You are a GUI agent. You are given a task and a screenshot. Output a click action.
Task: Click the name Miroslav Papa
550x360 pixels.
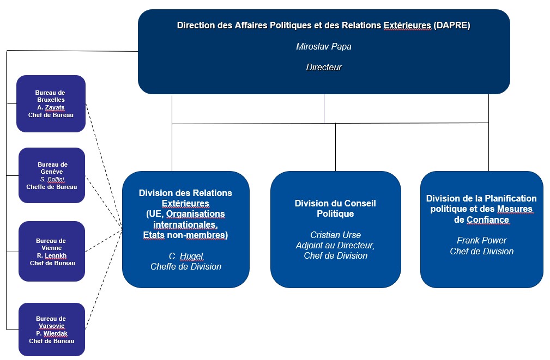pyautogui.click(x=323, y=47)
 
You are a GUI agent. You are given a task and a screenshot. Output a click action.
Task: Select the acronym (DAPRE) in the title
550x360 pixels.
pyautogui.click(x=452, y=26)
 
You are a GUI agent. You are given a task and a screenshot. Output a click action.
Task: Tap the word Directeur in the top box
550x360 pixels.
pyautogui.click(x=324, y=68)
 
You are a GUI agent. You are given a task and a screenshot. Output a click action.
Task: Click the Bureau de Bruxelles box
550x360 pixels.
pyautogui.click(x=51, y=104)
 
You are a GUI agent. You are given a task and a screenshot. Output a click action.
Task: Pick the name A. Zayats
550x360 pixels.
pyautogui.click(x=51, y=107)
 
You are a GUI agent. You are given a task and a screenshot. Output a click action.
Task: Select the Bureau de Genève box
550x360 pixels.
pyautogui.click(x=52, y=175)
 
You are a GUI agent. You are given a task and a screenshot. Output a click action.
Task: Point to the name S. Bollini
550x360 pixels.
pyautogui.click(x=52, y=180)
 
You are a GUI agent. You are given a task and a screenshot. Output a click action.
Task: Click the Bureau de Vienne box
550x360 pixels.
pyautogui.click(x=52, y=251)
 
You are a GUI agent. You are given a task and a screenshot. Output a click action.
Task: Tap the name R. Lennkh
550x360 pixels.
pyautogui.click(x=52, y=255)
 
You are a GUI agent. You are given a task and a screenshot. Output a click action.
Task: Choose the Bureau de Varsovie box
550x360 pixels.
pyautogui.click(x=52, y=330)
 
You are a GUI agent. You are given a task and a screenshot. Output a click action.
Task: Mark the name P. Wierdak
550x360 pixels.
pyautogui.click(x=52, y=333)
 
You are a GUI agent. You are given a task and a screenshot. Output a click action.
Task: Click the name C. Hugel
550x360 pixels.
pyautogui.click(x=186, y=256)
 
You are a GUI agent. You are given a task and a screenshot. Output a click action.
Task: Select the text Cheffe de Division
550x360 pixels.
pyautogui.click(x=186, y=267)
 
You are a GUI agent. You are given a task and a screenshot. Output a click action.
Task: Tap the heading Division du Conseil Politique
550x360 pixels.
pyautogui.click(x=335, y=209)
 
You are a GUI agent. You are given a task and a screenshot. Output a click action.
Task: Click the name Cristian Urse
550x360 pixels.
pyautogui.click(x=335, y=235)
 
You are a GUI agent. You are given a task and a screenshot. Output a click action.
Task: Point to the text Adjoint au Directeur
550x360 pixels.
pyautogui.click(x=335, y=246)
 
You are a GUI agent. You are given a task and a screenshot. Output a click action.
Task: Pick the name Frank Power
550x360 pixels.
pyautogui.click(x=482, y=241)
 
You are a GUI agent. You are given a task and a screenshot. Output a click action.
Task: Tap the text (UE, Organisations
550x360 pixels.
pyautogui.click(x=185, y=214)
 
